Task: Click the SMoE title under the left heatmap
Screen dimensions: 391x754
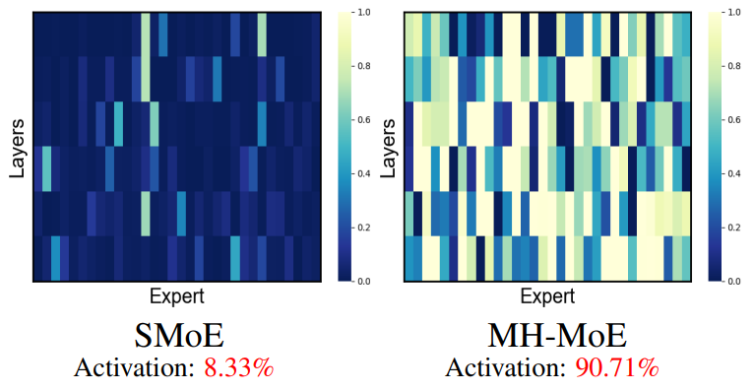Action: [177, 337]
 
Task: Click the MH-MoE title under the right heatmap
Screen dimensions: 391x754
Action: [556, 337]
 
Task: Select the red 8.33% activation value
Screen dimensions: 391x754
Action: [238, 369]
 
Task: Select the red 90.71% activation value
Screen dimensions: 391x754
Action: [617, 369]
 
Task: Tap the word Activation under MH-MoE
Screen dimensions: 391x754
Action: [504, 369]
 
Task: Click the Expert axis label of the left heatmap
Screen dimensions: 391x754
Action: [177, 296]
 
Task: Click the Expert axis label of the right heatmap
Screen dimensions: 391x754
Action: [548, 296]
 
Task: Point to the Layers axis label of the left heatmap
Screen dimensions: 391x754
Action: [17, 148]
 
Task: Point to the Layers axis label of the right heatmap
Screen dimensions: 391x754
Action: [388, 148]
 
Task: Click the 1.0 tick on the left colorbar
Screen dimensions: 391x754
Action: [361, 14]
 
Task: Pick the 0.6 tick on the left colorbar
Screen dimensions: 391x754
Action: [361, 121]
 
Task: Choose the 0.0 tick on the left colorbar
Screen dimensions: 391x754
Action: [361, 282]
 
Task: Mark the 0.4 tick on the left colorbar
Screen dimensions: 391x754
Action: [361, 174]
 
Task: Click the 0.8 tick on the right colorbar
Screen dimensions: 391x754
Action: [732, 68]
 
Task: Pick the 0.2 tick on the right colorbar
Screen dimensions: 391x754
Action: [732, 228]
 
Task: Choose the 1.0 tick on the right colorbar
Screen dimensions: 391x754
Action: [732, 14]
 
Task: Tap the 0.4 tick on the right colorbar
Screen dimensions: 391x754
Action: [732, 174]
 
